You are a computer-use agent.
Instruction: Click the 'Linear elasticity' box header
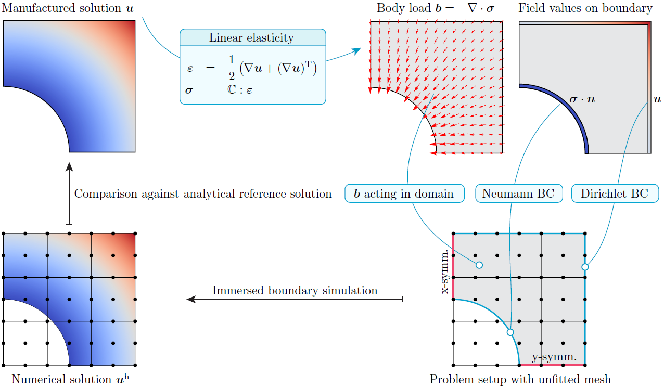[252, 37]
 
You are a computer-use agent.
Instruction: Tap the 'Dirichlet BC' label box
[615, 194]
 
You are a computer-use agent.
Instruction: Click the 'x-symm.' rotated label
[445, 271]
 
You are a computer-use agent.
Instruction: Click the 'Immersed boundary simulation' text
[295, 290]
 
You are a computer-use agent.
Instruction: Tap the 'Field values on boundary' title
[585, 8]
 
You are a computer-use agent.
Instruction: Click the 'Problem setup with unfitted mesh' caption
[520, 379]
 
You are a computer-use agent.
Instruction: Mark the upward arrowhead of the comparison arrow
[70, 166]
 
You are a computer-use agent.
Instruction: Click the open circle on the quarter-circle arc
[510, 332]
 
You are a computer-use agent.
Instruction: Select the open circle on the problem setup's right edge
[585, 267]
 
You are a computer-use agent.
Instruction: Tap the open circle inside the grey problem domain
[479, 265]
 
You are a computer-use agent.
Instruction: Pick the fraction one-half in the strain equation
[232, 68]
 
